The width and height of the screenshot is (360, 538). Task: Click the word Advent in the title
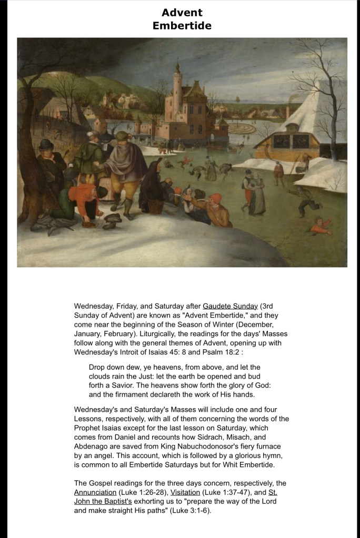pyautogui.click(x=182, y=12)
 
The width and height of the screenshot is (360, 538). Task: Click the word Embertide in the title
pyautogui.click(x=182, y=25)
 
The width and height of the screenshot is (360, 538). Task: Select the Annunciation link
pyautogui.click(x=95, y=492)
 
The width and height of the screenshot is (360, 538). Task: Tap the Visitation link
pyautogui.click(x=185, y=492)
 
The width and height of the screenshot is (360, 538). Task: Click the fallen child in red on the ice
pyautogui.click(x=321, y=226)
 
